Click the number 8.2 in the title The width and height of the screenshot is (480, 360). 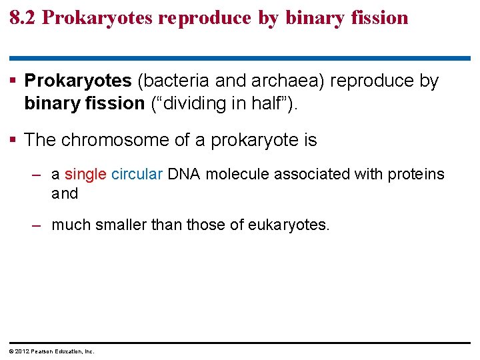click(x=23, y=17)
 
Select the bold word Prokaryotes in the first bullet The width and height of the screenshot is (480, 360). click(x=78, y=81)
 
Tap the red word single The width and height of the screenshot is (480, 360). click(x=85, y=174)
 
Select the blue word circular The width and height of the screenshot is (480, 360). click(x=137, y=174)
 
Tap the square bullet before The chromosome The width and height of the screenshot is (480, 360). click(x=15, y=140)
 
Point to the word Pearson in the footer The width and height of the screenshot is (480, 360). click(x=41, y=351)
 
